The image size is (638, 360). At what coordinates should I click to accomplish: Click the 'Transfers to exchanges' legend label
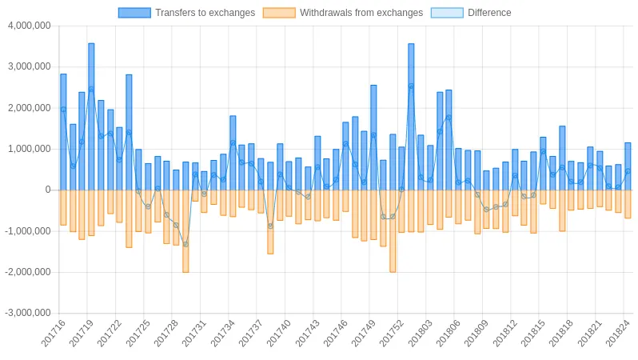205,13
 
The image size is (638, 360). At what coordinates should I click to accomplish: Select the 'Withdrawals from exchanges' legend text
361,13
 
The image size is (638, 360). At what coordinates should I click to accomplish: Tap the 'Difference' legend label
488,13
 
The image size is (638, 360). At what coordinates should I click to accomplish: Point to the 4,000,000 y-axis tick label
29,26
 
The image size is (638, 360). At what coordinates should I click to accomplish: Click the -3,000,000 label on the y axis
28,313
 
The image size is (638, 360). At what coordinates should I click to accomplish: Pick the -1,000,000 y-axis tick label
28,231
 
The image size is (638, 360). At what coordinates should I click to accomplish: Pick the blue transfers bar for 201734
233,153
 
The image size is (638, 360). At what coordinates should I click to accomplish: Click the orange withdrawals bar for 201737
261,201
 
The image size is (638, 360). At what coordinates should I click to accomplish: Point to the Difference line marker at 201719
91,89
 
